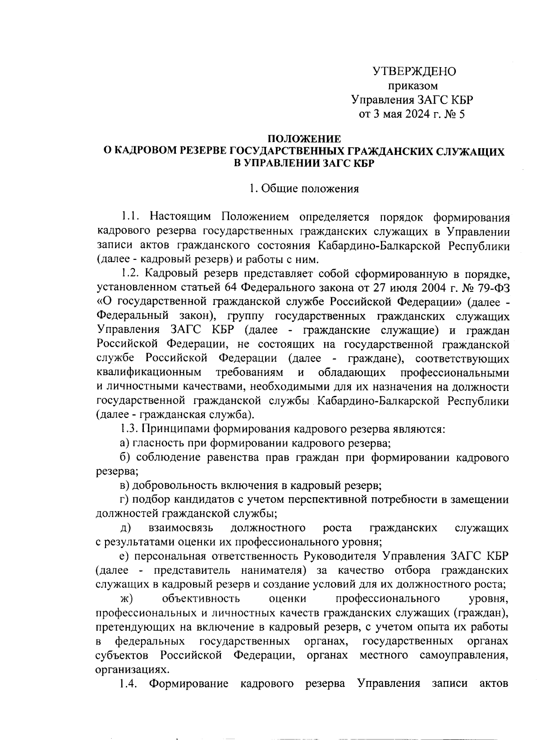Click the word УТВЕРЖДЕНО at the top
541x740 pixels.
pyautogui.click(x=414, y=72)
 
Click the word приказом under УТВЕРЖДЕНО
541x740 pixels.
pyautogui.click(x=413, y=86)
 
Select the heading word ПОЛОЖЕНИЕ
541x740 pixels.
pyautogui.click(x=304, y=139)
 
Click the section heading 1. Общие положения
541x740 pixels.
pyautogui.click(x=304, y=189)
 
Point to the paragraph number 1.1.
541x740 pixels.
pyautogui.click(x=131, y=217)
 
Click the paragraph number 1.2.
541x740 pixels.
pyautogui.click(x=131, y=274)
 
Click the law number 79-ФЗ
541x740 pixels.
pyautogui.click(x=492, y=288)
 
